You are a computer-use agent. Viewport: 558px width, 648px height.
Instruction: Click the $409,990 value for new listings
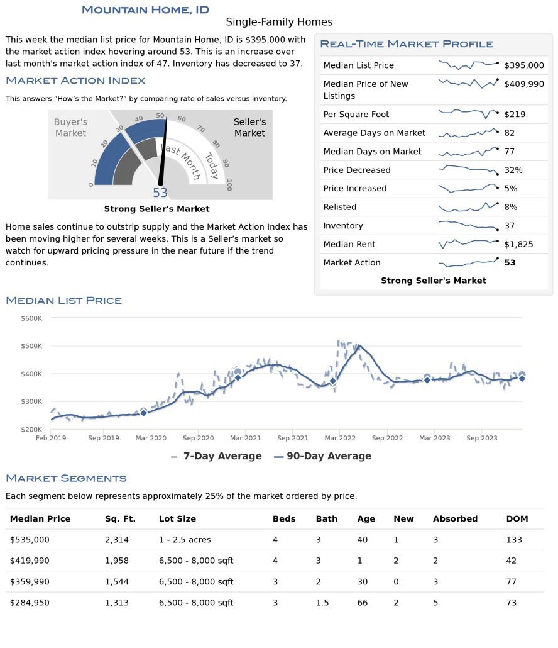tap(523, 84)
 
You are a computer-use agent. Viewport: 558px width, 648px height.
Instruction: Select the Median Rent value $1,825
tap(518, 244)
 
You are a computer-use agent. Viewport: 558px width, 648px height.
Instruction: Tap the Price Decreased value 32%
tap(513, 170)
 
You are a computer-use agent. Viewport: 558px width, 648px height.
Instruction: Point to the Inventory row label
tap(343, 226)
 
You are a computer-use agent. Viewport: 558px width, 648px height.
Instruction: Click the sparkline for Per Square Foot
tap(468, 113)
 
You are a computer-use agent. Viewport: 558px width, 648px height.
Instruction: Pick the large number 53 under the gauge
tap(160, 193)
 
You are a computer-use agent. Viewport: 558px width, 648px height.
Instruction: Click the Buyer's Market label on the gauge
tap(70, 127)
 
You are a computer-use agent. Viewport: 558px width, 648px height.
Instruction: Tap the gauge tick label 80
tap(216, 144)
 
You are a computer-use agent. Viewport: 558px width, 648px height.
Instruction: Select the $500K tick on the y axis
tap(31, 346)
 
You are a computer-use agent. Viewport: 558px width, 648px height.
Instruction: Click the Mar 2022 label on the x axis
tap(340, 438)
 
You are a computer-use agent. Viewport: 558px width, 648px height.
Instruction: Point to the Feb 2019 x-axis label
tap(51, 438)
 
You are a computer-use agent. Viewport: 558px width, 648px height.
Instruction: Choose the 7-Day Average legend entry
tap(216, 456)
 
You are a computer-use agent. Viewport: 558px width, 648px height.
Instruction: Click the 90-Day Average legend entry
tap(323, 456)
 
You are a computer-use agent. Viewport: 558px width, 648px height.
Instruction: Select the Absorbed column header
tap(455, 518)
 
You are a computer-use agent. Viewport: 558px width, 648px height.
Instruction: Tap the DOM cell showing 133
tap(514, 540)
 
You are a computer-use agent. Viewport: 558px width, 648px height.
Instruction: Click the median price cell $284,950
tap(30, 603)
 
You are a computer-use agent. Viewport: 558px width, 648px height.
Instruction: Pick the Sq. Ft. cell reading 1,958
tap(117, 561)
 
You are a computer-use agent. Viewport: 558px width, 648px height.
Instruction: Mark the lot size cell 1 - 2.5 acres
tap(185, 540)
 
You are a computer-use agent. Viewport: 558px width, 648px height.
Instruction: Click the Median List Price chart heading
tap(64, 301)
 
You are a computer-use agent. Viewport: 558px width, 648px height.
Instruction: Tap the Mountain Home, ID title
tap(145, 10)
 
